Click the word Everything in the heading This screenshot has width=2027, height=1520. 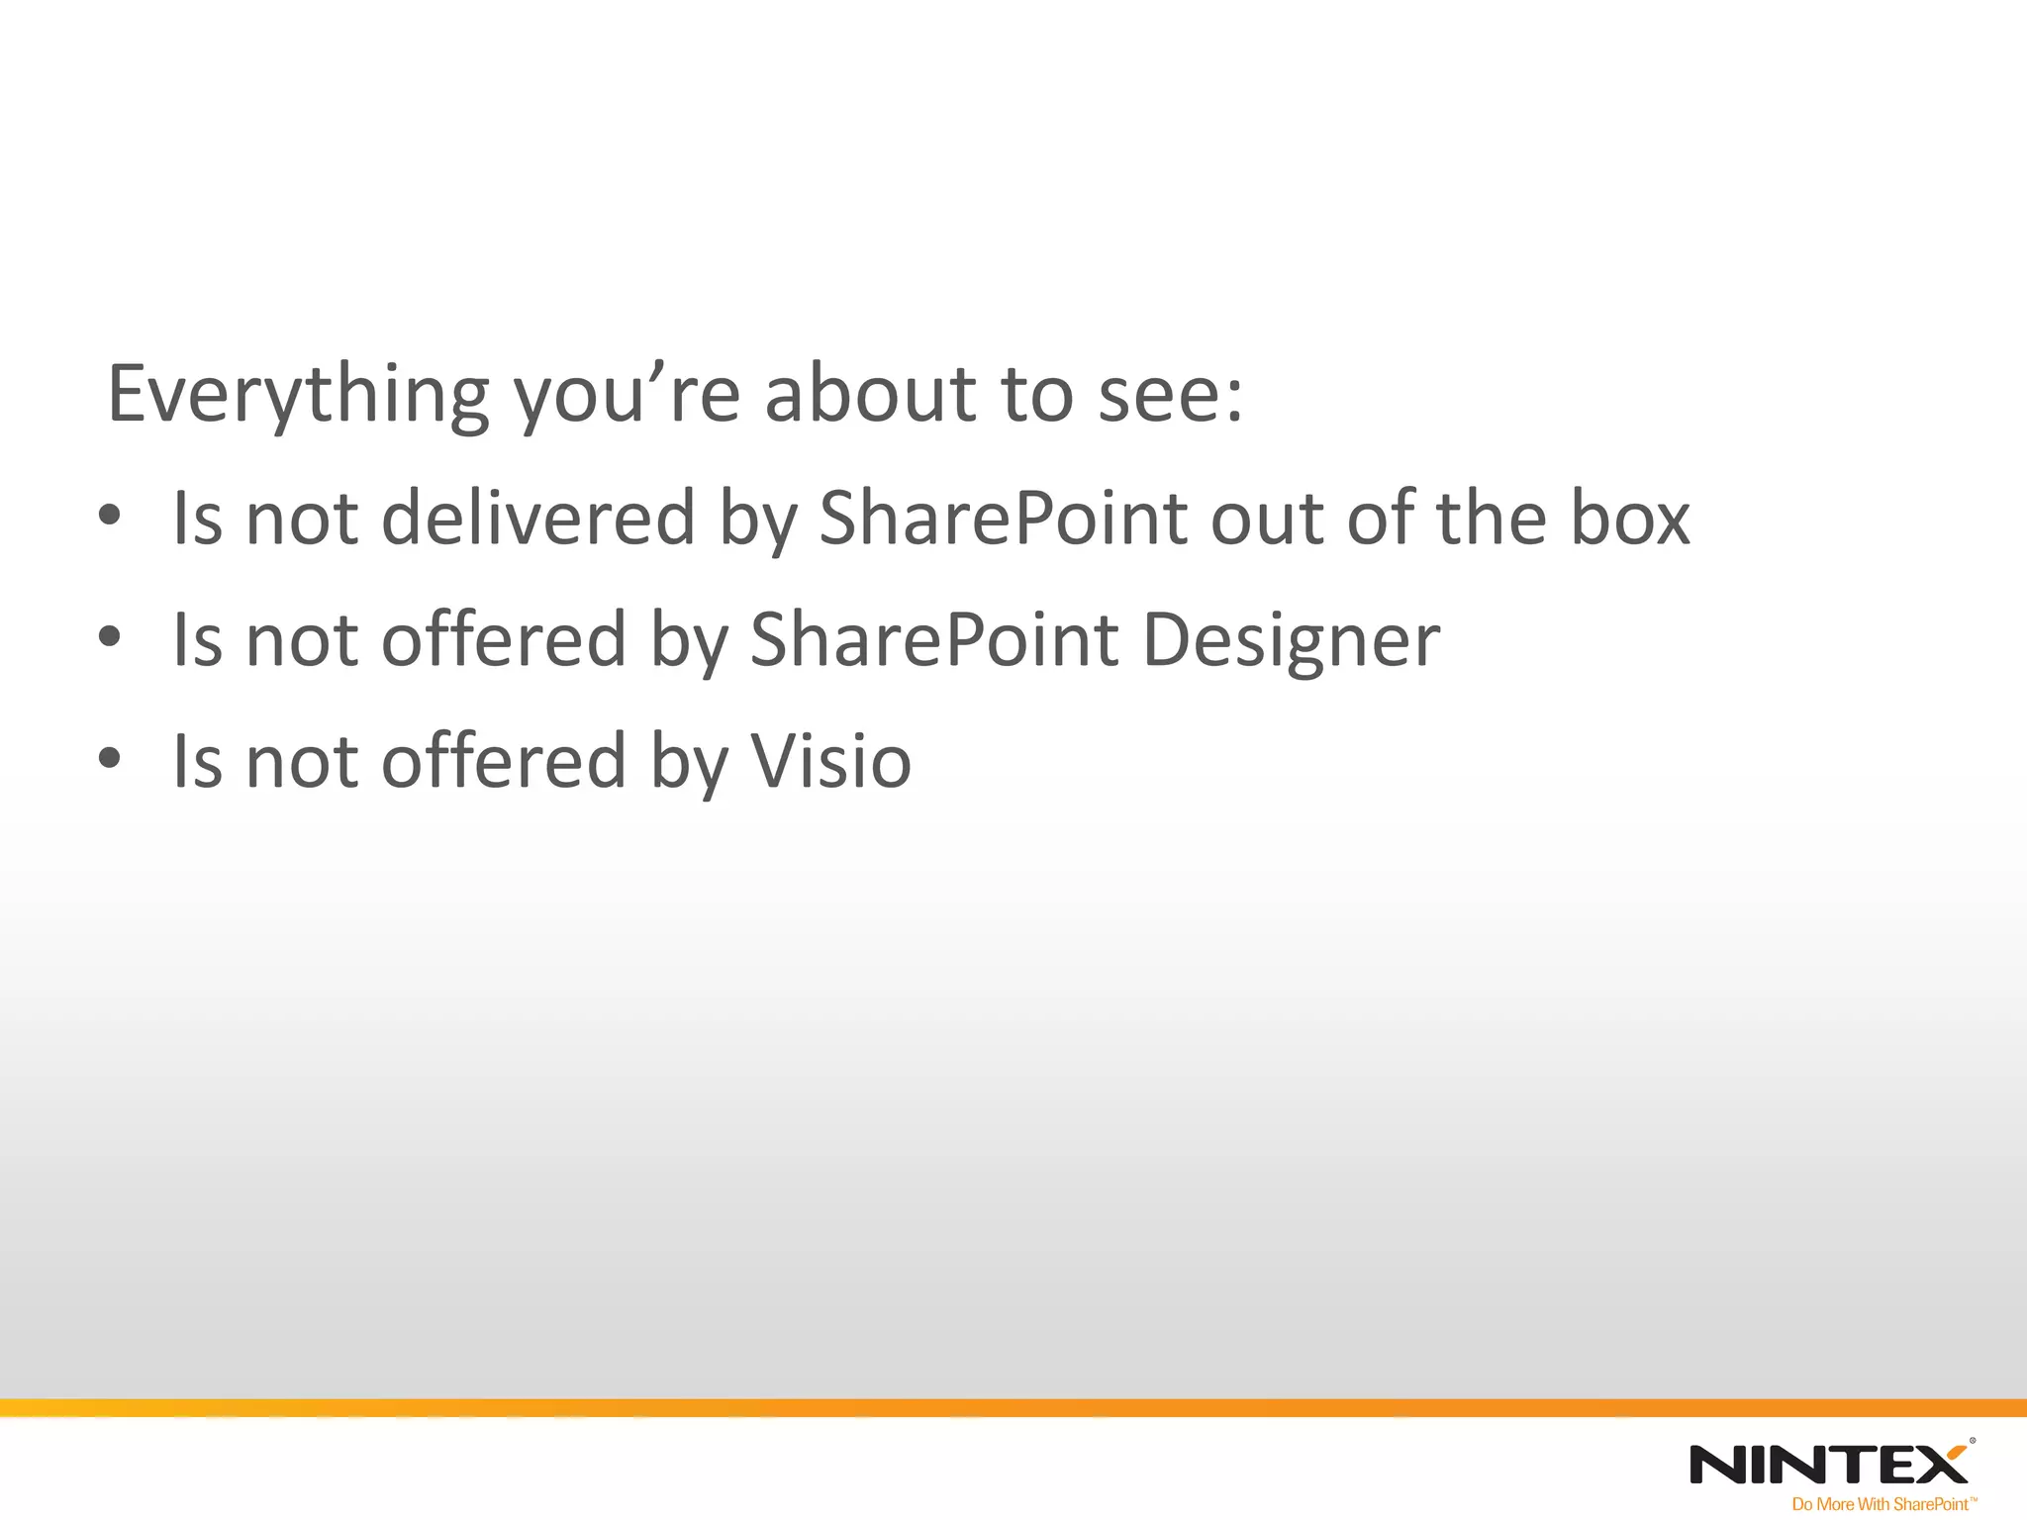(297, 394)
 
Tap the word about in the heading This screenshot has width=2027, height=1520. (870, 394)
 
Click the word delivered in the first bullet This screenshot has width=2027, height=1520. (537, 518)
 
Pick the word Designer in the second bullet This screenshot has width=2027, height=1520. (1291, 641)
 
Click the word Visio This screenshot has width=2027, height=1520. (830, 762)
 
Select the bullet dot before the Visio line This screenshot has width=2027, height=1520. (110, 759)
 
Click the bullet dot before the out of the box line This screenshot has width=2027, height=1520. (110, 516)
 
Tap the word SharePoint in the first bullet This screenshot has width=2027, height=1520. (1003, 518)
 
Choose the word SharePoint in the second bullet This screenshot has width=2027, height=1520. (933, 640)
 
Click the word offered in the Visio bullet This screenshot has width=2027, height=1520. (504, 761)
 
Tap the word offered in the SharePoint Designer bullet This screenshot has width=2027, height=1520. (504, 639)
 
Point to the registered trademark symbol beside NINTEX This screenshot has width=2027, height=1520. (1973, 1442)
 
